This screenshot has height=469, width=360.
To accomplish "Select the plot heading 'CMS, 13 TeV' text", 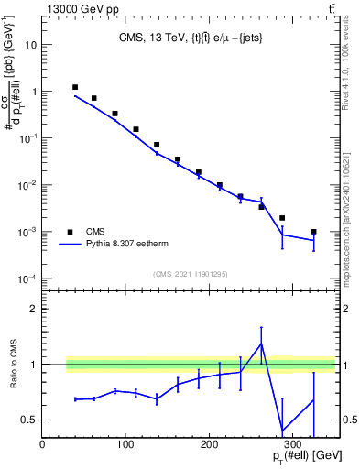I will pos(151,38).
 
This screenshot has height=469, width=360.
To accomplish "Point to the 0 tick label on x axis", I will pos(43,445).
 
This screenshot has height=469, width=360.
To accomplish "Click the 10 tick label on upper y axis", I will pos(29,44).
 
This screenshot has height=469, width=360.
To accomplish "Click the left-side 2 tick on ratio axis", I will pos(35,309).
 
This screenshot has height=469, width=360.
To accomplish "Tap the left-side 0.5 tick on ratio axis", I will pos(30,420).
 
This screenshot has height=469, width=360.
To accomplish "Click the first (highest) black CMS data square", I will pos(75,87).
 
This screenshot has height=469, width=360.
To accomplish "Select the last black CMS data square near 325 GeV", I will pos(313,232).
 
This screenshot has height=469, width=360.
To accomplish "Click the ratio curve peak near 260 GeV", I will pos(261,344).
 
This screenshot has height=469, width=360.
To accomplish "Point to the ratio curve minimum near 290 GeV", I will pos(282,430).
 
